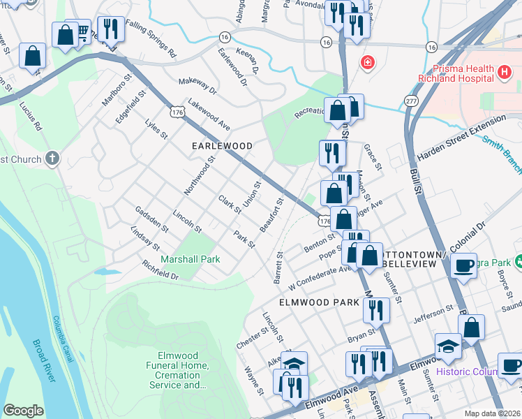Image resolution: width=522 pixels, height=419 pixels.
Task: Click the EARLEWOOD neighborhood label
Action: click(222, 145)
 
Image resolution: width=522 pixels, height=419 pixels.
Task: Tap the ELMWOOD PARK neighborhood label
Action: click(319, 302)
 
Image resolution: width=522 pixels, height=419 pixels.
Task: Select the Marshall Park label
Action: click(190, 259)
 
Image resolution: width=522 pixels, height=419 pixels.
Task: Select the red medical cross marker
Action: click(367, 64)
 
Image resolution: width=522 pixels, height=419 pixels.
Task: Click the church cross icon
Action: click(52, 159)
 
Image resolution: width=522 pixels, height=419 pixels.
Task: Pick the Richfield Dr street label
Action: click(160, 271)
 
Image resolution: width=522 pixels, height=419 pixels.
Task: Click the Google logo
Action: click(23, 411)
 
